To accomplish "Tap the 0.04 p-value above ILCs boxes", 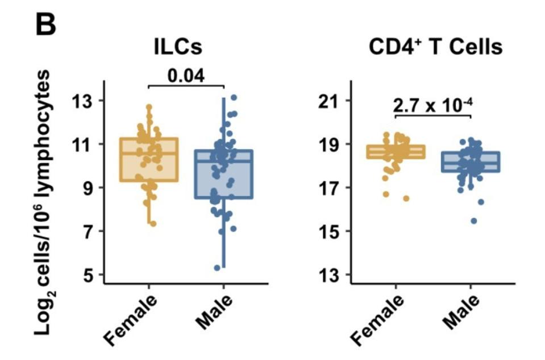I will click(x=186, y=75).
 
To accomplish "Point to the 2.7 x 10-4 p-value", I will click(x=433, y=105).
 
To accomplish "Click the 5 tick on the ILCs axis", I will click(x=90, y=275).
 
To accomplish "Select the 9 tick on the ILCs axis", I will click(x=90, y=188).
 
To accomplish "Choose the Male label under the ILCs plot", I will click(x=214, y=312).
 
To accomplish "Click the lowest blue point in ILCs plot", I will click(x=217, y=267).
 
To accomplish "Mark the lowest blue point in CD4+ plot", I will click(x=473, y=221).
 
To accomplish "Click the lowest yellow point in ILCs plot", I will click(x=152, y=224).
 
